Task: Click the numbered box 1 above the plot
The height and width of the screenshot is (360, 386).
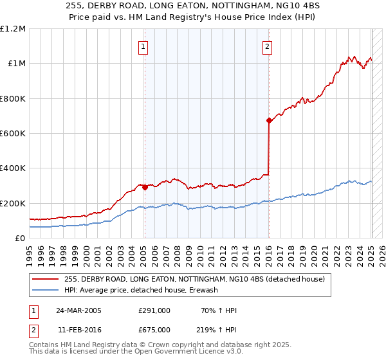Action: click(143, 46)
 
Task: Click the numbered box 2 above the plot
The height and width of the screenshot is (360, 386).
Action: click(267, 46)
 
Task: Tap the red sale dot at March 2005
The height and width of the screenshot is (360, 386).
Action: click(145, 188)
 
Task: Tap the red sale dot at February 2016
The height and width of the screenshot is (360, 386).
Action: click(268, 120)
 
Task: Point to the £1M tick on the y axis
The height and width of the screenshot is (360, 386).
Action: click(17, 64)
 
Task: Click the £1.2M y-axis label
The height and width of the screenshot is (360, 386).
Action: click(14, 29)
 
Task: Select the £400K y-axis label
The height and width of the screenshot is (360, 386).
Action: click(14, 168)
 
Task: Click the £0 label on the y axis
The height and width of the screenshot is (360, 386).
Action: click(20, 238)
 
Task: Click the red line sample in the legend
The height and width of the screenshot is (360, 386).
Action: click(46, 279)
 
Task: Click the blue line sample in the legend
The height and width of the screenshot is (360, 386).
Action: click(46, 290)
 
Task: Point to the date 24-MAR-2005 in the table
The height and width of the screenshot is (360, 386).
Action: click(79, 310)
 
